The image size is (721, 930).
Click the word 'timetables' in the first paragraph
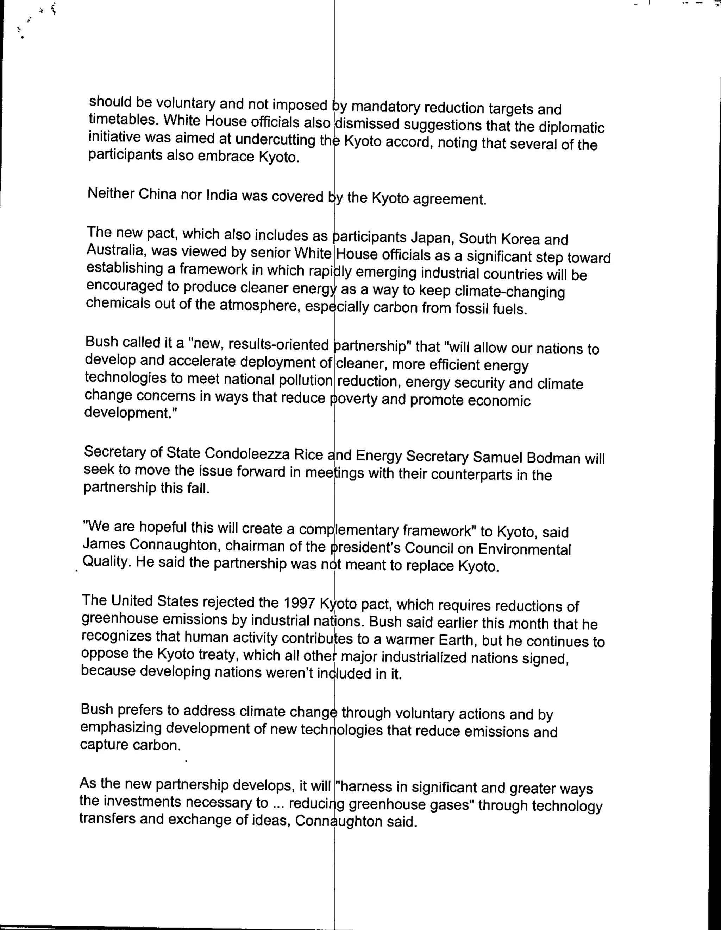pos(118,119)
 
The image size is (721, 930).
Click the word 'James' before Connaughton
pos(104,544)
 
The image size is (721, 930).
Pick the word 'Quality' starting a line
pos(105,562)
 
